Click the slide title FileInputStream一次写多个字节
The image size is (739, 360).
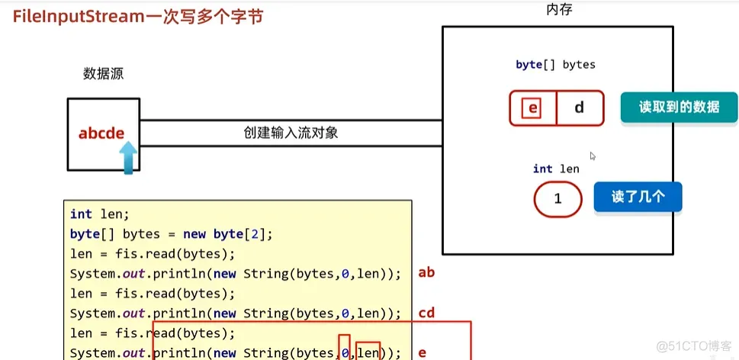138,15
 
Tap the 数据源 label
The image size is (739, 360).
103,74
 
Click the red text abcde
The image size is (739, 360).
101,133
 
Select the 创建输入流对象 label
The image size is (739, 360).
291,132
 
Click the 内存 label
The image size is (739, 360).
559,10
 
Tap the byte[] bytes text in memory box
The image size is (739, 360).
555,65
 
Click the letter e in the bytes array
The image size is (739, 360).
532,108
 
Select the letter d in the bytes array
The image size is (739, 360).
579,108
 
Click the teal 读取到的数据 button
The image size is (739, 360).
679,108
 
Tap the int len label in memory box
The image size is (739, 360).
556,169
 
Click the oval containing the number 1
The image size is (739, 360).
557,199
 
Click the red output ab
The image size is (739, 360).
426,272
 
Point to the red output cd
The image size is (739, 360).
426,313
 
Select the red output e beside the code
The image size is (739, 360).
423,353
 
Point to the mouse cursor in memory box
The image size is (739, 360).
593,156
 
